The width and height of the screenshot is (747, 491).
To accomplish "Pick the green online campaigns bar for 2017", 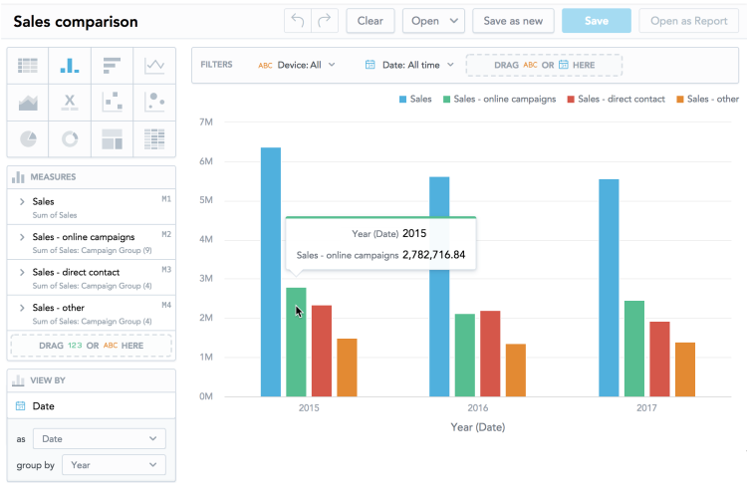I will coord(634,348).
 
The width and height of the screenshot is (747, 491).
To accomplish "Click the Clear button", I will coord(370,21).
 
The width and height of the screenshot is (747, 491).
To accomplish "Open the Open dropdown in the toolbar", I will coord(433,21).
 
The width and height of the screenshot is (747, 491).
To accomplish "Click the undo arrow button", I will coord(297,21).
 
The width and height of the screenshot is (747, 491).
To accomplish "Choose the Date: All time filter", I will coord(409,65).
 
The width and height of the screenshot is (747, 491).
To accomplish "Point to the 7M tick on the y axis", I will coord(206,123).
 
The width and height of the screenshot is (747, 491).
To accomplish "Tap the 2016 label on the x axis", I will coord(477,409).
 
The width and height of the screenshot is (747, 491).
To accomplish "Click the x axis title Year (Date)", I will coord(477,427).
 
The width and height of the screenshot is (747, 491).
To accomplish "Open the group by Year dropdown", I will coord(114,465).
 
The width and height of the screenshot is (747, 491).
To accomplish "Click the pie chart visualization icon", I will coord(29,137).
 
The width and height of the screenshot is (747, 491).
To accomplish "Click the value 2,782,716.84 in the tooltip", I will coord(433,255).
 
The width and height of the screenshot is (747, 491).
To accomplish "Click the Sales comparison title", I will coord(76,22).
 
